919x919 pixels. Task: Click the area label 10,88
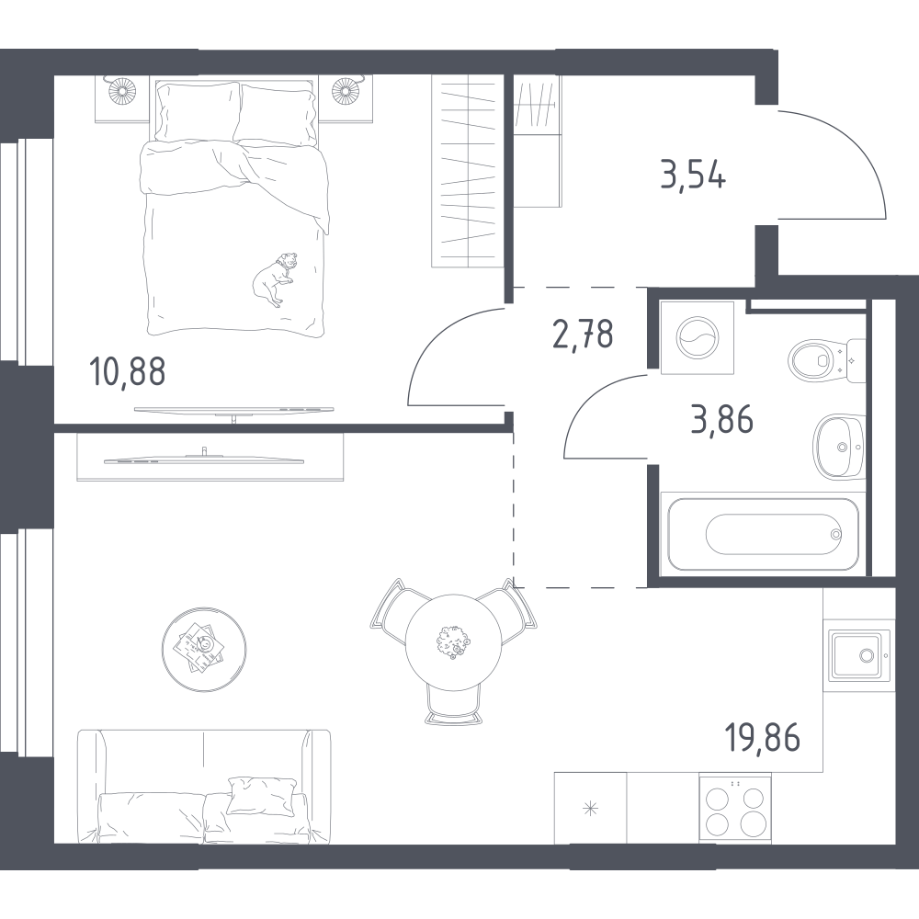(x=128, y=372)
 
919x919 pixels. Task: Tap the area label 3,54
(x=693, y=175)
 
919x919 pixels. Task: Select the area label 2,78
(x=584, y=335)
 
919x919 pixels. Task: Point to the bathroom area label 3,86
(x=722, y=420)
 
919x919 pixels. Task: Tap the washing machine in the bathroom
(x=698, y=337)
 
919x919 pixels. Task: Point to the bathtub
(x=763, y=533)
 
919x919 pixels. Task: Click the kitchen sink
(x=859, y=655)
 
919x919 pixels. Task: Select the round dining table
(x=454, y=641)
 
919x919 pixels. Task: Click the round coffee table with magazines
(x=204, y=647)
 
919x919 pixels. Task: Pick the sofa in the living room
(x=204, y=787)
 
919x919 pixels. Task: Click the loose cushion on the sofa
(x=262, y=795)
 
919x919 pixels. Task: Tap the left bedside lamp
(x=122, y=90)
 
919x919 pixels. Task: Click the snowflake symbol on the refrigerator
(x=590, y=810)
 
